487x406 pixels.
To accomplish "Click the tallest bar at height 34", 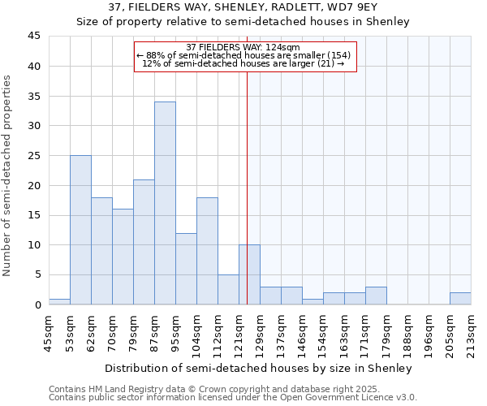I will [165, 203].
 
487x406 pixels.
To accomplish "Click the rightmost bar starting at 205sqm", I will [460, 298].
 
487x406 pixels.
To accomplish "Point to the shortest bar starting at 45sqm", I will [59, 301].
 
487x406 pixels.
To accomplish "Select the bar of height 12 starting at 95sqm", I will [186, 269].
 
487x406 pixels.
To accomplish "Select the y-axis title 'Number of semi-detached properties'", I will [8, 175].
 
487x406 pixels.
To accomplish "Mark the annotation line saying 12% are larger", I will [243, 63].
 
